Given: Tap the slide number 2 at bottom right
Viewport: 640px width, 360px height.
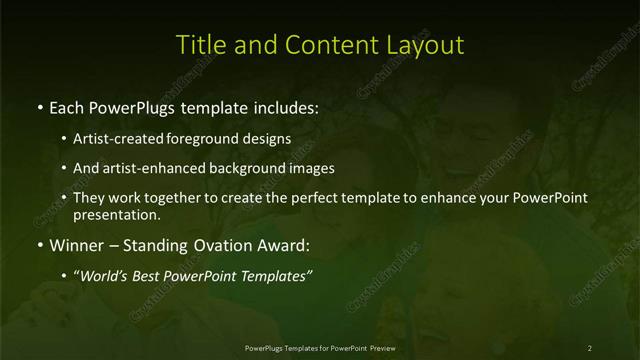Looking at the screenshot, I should pyautogui.click(x=590, y=348).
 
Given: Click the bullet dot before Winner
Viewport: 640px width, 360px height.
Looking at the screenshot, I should pyautogui.click(x=39, y=245).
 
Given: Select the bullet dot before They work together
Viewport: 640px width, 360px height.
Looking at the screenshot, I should pyautogui.click(x=64, y=198).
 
